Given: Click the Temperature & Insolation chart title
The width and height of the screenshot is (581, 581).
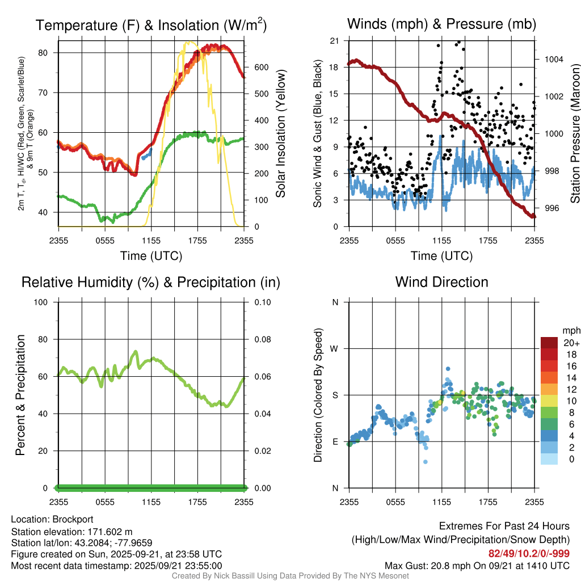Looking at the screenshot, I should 151,26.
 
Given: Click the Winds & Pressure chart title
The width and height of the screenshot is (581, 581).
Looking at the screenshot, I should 441,24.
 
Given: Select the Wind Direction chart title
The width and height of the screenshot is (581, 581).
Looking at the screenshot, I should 441,282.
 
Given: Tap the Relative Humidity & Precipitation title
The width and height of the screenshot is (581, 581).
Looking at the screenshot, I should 151,282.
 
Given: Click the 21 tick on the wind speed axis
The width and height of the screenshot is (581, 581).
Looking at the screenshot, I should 334,40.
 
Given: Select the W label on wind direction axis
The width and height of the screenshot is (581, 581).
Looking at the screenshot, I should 335,348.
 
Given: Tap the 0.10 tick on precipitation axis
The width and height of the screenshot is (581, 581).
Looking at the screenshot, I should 262,302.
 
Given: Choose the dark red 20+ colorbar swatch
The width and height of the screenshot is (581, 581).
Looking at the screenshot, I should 549,343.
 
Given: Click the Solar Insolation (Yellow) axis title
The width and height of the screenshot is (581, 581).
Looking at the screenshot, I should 281,134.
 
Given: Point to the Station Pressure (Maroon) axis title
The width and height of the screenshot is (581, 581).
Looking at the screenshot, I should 574,133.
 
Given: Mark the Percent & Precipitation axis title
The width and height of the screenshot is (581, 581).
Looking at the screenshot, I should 20,395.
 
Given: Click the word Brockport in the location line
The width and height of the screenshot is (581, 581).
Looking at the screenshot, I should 73,519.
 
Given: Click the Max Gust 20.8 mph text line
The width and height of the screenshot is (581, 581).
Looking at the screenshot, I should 477,566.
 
